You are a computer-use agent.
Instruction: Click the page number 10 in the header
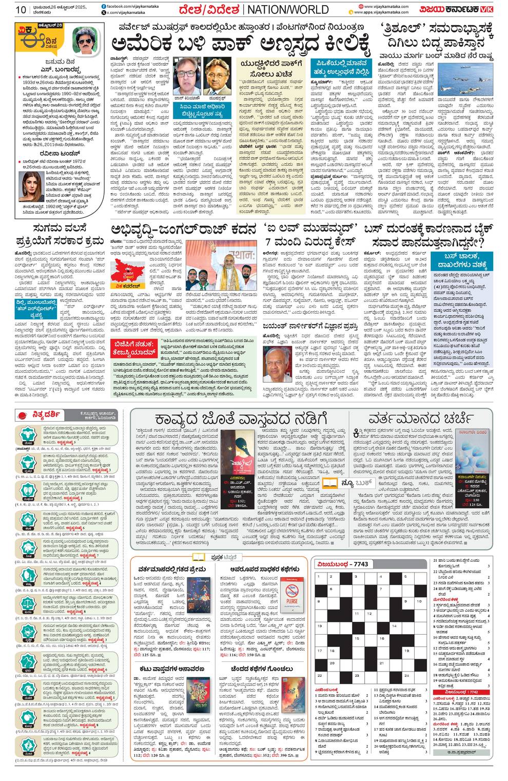(x=21, y=9)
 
